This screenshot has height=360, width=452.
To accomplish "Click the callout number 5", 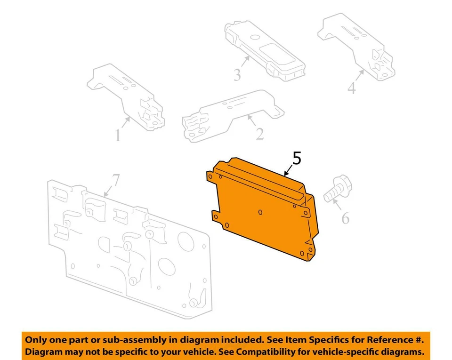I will tap(296, 159).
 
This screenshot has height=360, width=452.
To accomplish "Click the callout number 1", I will tap(118, 136).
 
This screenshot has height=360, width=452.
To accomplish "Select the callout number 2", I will tap(259, 134).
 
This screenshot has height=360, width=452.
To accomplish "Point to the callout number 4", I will tap(351, 88).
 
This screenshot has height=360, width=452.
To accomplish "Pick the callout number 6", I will tap(345, 218).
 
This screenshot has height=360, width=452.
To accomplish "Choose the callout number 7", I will tap(116, 180).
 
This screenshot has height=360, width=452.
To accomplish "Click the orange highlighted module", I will tap(264, 212).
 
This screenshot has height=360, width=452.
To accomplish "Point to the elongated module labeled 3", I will tap(264, 49).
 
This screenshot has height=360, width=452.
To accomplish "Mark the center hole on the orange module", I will tap(260, 212).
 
